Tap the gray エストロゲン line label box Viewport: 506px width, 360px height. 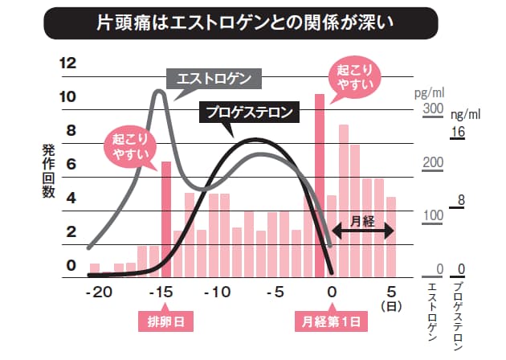[x=214, y=79]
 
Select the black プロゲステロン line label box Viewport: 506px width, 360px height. [x=248, y=112]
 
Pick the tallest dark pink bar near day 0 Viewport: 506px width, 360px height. [x=319, y=185]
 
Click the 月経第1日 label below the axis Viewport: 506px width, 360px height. [x=331, y=321]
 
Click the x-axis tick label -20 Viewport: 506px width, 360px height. [x=100, y=292]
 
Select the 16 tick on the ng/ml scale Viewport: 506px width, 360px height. [x=459, y=131]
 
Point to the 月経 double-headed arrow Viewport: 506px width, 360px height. [x=362, y=230]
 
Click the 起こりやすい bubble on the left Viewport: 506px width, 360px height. [x=129, y=146]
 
